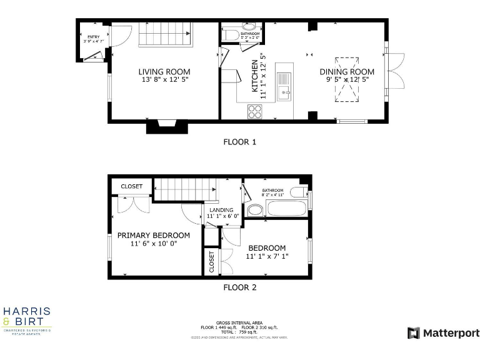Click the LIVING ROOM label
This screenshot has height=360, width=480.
tap(164, 72)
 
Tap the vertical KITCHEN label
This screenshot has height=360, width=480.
tap(255, 76)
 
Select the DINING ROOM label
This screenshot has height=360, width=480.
tap(347, 72)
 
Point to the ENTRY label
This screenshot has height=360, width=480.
tap(93, 37)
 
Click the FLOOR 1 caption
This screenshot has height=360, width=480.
tap(240, 142)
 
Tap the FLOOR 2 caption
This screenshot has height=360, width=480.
tap(240, 288)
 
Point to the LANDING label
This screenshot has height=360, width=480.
tap(222, 210)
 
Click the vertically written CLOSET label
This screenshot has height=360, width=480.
tap(211, 262)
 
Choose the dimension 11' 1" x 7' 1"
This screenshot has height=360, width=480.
tap(267, 256)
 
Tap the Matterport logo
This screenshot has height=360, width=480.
tap(443, 333)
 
